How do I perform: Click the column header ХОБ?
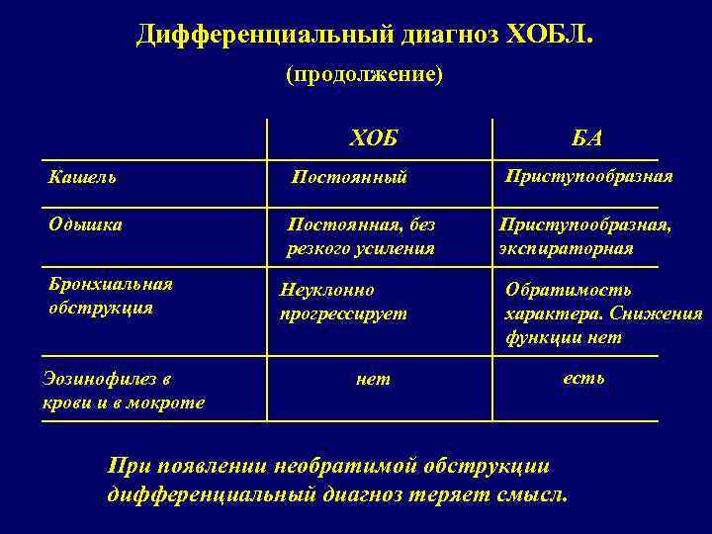(x=373, y=138)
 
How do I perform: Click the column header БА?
(x=586, y=138)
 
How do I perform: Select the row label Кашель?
(x=83, y=177)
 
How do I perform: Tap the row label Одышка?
(x=86, y=224)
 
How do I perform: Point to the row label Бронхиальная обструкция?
(x=111, y=296)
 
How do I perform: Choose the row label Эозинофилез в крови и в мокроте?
(x=124, y=390)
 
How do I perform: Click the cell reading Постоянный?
(x=349, y=178)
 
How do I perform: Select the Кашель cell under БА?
(x=588, y=176)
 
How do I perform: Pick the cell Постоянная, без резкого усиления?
(x=360, y=236)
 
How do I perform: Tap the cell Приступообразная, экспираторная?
(x=585, y=236)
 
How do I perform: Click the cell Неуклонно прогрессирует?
(x=343, y=303)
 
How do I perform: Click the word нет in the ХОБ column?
(x=373, y=379)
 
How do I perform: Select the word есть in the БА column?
(x=583, y=378)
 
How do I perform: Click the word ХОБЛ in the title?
(x=550, y=37)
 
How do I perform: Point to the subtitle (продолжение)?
(x=364, y=75)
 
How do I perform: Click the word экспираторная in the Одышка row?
(x=567, y=248)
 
